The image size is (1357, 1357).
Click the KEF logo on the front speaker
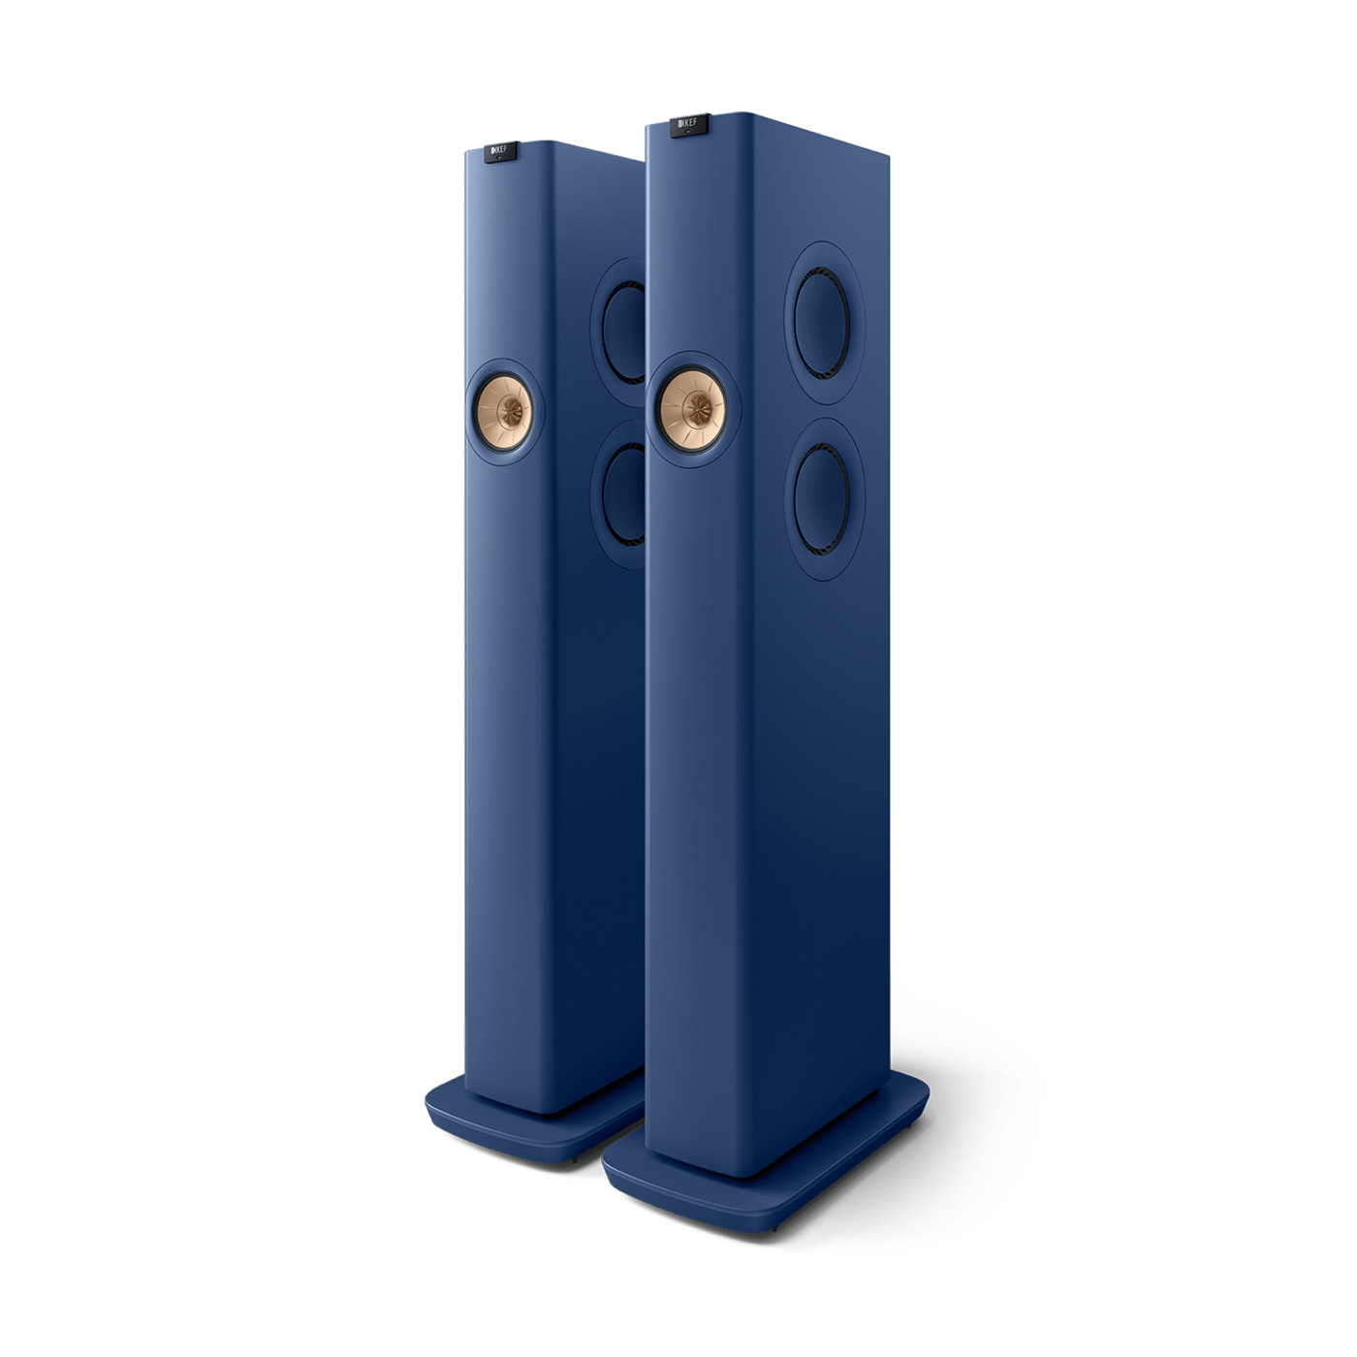689,123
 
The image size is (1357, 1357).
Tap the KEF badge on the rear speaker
501,150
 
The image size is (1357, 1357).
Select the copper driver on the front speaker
691,409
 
